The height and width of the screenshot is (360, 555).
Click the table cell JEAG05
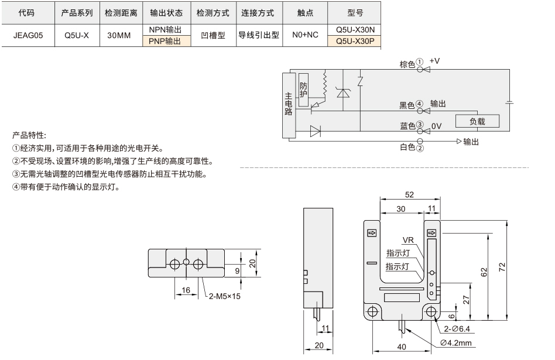(x=28, y=35)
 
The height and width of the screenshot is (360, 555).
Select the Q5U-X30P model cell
(x=355, y=41)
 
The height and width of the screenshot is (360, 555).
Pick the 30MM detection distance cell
(x=119, y=35)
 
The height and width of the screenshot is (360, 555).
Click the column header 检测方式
(x=213, y=13)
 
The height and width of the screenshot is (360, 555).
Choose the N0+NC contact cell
(x=305, y=35)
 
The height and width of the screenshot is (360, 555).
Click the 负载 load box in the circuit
(x=477, y=121)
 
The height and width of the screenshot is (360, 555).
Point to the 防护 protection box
(x=303, y=90)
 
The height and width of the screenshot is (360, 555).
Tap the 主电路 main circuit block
(x=289, y=105)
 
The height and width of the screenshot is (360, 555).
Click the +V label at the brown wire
(x=434, y=61)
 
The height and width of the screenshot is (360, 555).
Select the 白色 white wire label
(x=407, y=147)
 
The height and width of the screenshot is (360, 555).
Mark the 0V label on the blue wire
(x=436, y=126)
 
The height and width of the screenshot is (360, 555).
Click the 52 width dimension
(x=409, y=194)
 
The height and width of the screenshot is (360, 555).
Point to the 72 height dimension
(x=502, y=268)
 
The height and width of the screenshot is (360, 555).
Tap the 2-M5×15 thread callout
(x=224, y=296)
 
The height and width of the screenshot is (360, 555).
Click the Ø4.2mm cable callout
(x=456, y=342)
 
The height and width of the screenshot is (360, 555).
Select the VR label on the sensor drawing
(x=408, y=240)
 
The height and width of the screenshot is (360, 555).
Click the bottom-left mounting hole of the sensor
(x=373, y=312)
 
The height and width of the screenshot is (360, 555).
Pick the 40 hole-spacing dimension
(x=402, y=347)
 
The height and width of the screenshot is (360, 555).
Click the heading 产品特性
(x=29, y=135)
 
